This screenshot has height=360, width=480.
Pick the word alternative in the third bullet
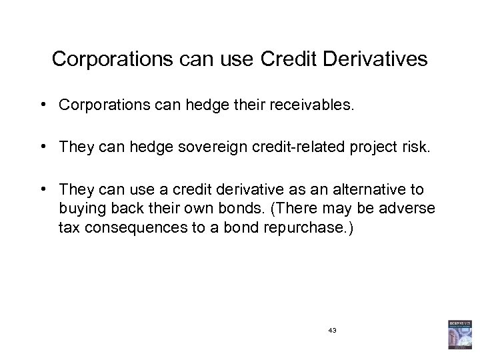pos(369,190)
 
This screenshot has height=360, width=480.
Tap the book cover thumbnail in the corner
pos(459,336)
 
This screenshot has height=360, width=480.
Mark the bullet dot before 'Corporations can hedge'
pos(42,105)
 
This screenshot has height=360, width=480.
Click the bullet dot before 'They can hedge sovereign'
pos(42,147)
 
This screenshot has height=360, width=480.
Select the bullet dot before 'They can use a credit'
pos(42,190)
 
